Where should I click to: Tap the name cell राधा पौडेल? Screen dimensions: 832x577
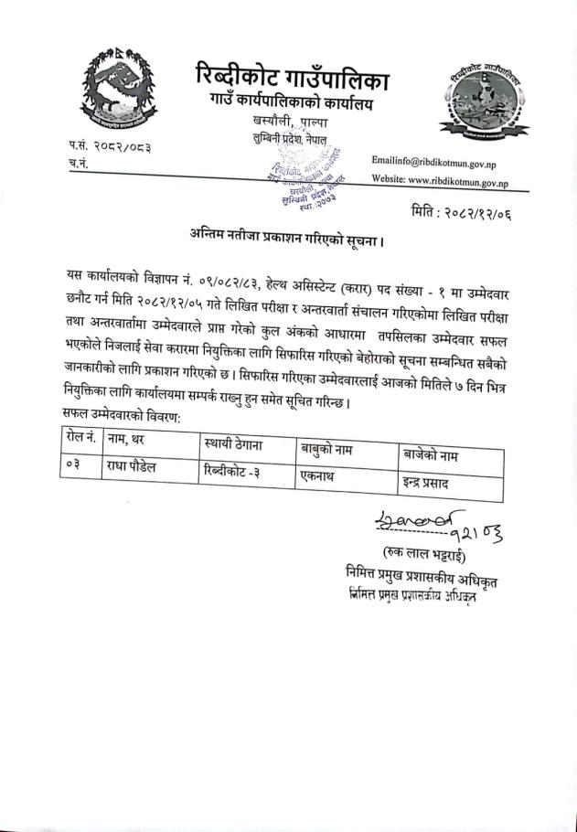136,466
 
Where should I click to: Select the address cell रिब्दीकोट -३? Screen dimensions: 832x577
235,471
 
